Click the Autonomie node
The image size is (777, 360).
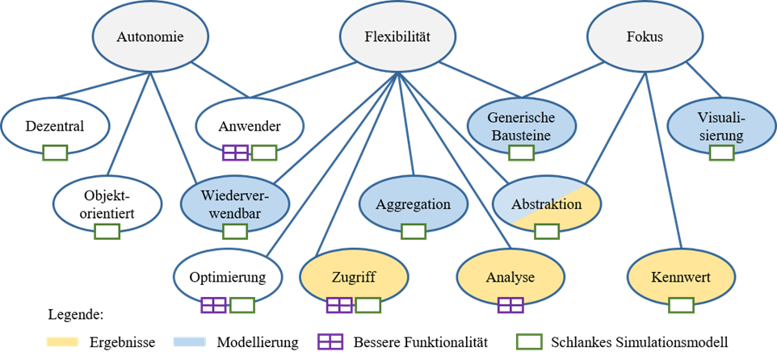pos(150,37)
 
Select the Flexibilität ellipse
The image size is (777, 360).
pos(396,37)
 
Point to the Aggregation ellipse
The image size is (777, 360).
pos(414,203)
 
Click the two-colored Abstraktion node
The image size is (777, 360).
pos(547,204)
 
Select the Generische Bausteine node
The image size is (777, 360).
pos(521,128)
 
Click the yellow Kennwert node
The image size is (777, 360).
pos(681,278)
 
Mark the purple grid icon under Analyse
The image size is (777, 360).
pos(510,304)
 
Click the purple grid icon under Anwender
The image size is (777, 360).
pos(235,152)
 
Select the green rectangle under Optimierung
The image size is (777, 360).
pos(242,304)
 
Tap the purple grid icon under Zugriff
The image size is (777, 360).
pos(339,304)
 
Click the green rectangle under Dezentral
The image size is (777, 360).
pos(55,152)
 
